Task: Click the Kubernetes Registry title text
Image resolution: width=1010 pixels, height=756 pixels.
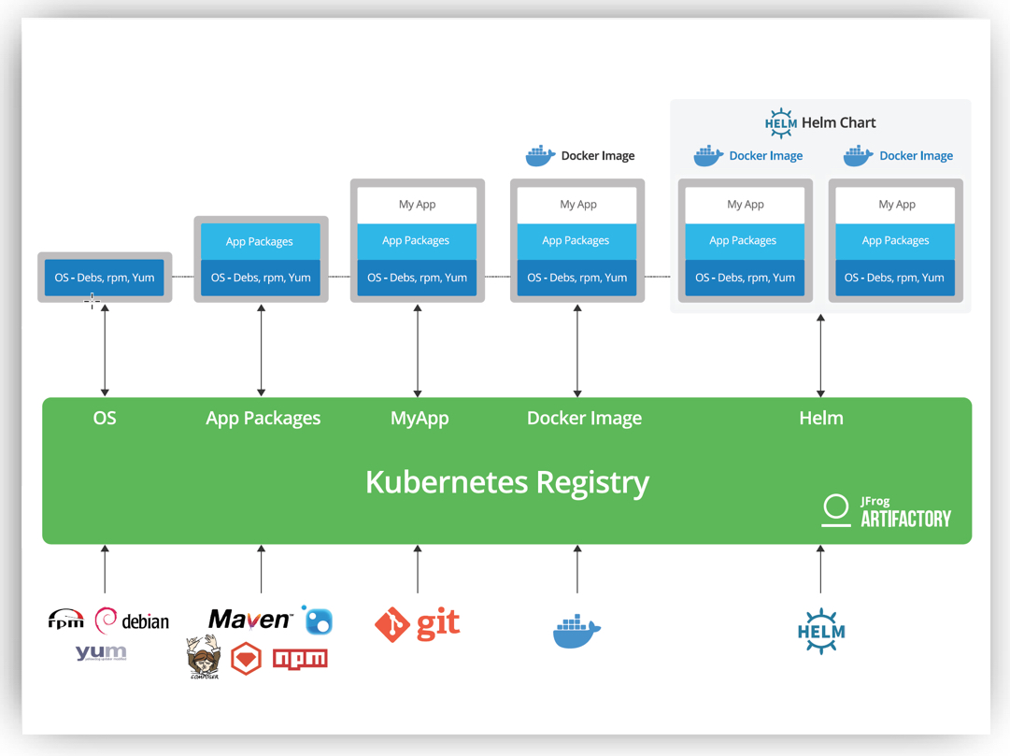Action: point(506,482)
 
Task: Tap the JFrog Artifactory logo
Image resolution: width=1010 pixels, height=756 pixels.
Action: point(886,511)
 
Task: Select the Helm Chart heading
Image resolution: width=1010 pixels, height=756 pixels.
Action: point(819,122)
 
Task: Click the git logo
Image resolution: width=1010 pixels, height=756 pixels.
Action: point(418,624)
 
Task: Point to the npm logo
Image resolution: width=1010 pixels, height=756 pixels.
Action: point(300,659)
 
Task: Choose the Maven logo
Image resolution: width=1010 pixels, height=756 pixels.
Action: point(249,620)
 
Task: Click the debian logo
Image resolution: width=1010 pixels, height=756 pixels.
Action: point(133,621)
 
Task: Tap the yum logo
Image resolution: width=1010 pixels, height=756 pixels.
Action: point(101,652)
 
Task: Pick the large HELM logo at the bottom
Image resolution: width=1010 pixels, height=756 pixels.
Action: point(821,632)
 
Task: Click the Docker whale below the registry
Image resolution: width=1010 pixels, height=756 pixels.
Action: point(576,632)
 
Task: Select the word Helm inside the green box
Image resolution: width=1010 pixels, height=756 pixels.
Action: point(821,419)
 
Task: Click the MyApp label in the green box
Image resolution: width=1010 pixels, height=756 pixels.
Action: point(420,419)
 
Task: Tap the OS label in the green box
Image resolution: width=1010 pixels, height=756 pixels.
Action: point(105,418)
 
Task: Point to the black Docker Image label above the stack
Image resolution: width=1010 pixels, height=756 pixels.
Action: point(581,156)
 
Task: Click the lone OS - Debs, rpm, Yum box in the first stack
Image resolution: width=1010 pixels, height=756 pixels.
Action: point(105,278)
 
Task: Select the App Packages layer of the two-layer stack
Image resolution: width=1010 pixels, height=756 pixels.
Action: point(260,241)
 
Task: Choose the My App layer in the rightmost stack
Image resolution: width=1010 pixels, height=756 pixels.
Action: point(896,205)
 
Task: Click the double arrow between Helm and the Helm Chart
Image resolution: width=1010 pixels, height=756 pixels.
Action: point(820,356)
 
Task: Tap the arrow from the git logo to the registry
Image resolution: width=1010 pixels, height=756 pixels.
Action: point(418,570)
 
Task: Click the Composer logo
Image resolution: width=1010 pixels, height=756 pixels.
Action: point(203,657)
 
